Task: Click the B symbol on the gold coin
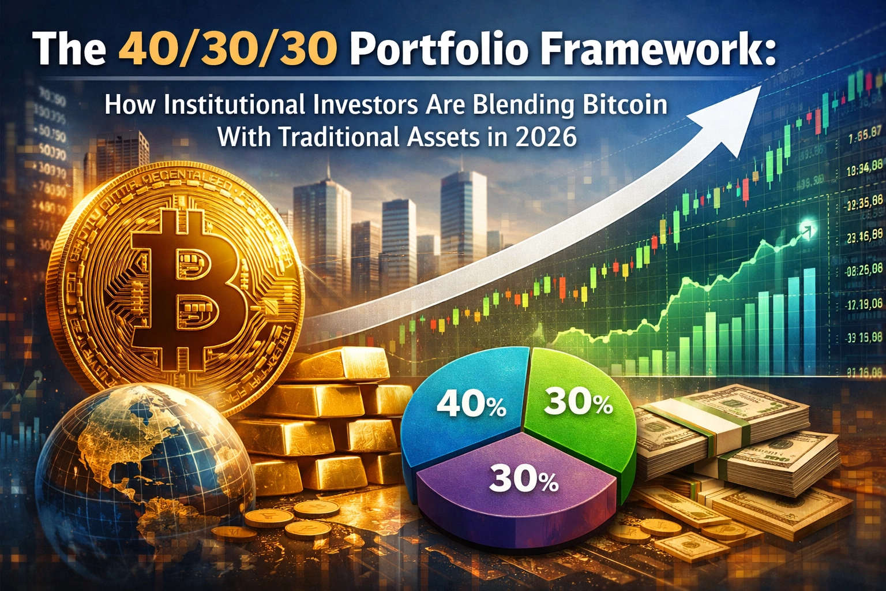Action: tap(185, 283)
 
